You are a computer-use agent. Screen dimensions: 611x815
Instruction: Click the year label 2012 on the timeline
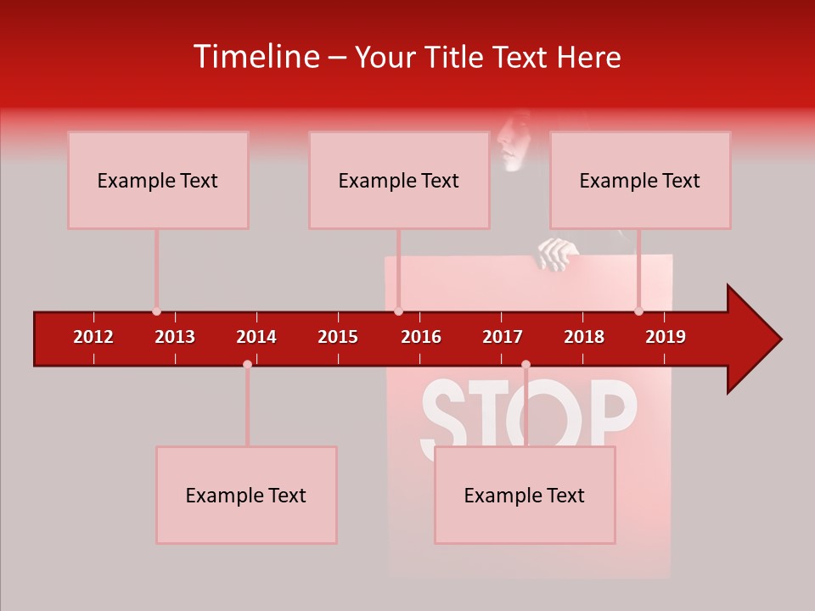pyautogui.click(x=93, y=337)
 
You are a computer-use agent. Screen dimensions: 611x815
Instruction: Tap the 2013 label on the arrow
pyautogui.click(x=175, y=337)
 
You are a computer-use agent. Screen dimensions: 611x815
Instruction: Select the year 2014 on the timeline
pyautogui.click(x=256, y=337)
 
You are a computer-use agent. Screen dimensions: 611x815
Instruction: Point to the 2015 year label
pyautogui.click(x=338, y=337)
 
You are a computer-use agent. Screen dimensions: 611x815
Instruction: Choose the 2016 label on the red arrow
pyautogui.click(x=421, y=337)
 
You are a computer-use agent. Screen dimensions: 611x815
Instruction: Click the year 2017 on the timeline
pyautogui.click(x=503, y=337)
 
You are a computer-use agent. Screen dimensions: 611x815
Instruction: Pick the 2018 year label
pyautogui.click(x=584, y=337)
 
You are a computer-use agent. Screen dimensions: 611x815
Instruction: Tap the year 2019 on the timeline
pyautogui.click(x=666, y=337)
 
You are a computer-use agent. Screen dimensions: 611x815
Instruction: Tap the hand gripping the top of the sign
pyautogui.click(x=558, y=254)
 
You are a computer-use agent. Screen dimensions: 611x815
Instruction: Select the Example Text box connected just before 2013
pyautogui.click(x=158, y=180)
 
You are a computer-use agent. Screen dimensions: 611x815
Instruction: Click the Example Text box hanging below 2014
pyautogui.click(x=246, y=495)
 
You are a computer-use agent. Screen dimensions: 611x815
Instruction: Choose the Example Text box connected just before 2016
pyautogui.click(x=399, y=180)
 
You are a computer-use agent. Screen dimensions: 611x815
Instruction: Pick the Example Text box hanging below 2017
pyautogui.click(x=525, y=495)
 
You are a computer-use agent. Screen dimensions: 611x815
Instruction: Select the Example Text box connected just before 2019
pyautogui.click(x=640, y=180)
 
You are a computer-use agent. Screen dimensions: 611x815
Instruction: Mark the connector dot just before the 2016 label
pyautogui.click(x=398, y=311)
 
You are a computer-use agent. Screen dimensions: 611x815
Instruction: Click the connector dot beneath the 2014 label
pyautogui.click(x=247, y=364)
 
